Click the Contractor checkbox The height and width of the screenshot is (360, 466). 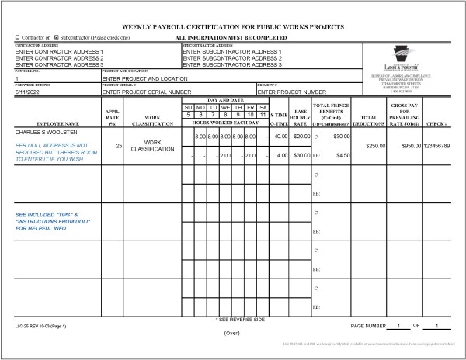[x=18, y=37]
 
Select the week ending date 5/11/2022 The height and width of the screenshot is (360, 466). [x=30, y=92]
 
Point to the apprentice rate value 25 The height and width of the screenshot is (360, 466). [x=119, y=145]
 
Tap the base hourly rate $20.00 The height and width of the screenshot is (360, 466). [x=301, y=137]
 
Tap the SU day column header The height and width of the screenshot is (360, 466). [x=188, y=107]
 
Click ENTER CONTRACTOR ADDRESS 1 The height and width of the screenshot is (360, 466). [x=59, y=51]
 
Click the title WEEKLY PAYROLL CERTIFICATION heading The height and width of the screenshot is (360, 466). [x=232, y=26]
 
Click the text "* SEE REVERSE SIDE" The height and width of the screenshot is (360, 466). [x=239, y=319]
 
